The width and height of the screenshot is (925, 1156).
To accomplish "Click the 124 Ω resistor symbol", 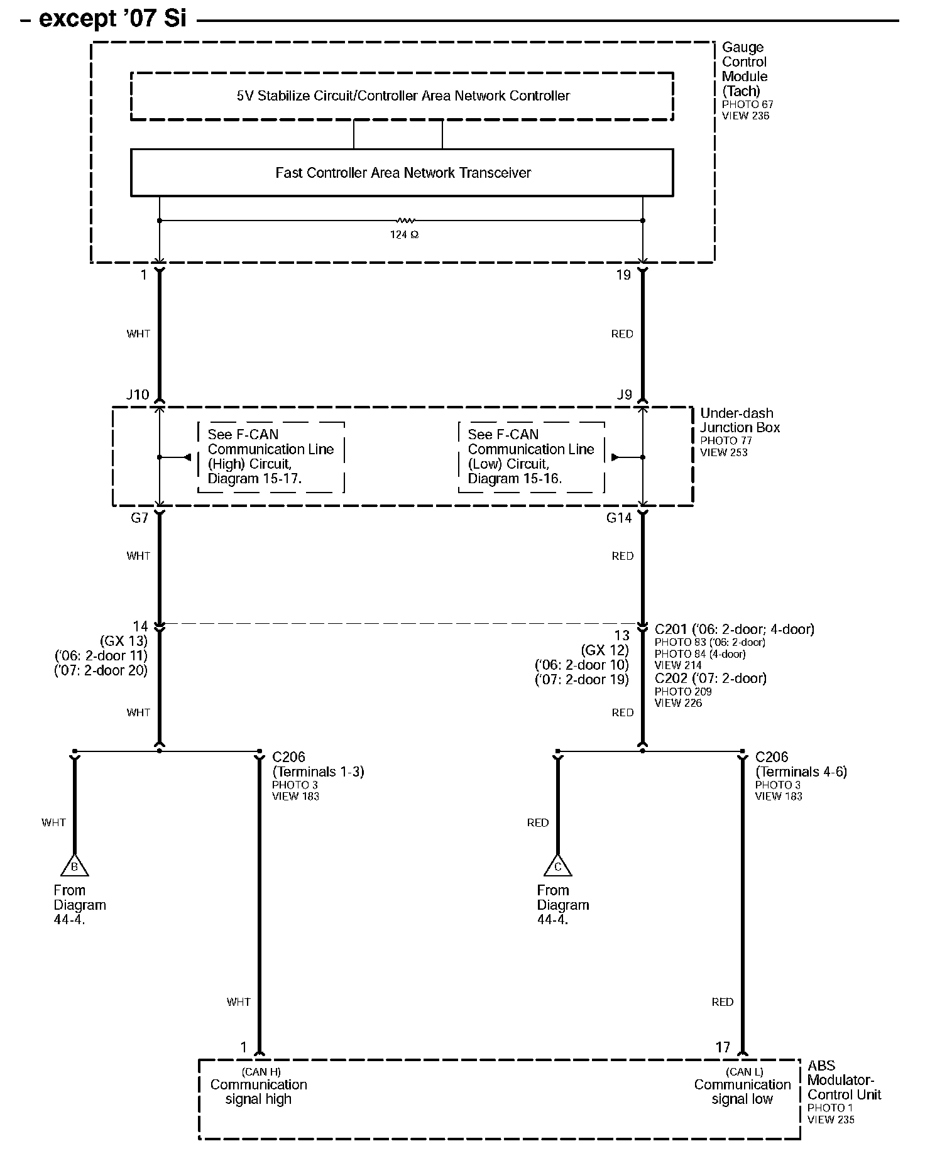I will point(405,221).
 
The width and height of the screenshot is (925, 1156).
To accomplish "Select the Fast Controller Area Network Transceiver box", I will point(402,173).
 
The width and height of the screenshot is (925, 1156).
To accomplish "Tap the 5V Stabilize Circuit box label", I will point(402,96).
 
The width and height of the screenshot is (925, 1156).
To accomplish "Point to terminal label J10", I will point(138,395).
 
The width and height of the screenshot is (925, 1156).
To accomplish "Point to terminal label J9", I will point(623,395).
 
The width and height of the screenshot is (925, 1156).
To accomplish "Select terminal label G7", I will point(139,518).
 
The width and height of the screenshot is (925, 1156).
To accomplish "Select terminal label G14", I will point(618,518).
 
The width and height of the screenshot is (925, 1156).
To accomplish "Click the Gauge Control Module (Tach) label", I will point(744,69).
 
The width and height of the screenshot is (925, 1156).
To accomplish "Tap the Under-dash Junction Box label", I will point(740,420).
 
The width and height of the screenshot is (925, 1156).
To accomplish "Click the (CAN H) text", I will point(261,1072).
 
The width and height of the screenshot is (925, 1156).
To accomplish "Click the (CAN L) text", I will point(744,1072).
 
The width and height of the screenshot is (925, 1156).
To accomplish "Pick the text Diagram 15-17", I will point(255,479).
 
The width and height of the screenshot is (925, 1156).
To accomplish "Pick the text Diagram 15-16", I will point(515,479).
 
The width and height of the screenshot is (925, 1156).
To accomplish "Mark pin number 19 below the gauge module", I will point(623,275).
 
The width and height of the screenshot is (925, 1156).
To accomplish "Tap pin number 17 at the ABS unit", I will point(723,1047).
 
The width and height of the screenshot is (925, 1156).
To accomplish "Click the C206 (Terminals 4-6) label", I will point(801,765).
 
